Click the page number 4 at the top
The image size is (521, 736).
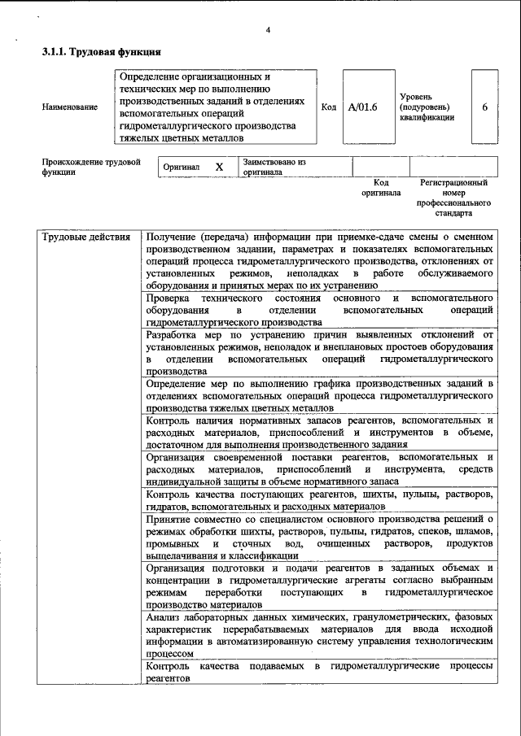267,31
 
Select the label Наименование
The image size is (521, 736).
70,107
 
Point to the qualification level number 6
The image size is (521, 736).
485,107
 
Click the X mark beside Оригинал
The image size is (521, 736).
218,167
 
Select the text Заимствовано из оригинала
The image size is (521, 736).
273,167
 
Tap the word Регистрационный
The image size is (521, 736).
453,183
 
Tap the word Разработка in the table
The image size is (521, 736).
173,334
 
